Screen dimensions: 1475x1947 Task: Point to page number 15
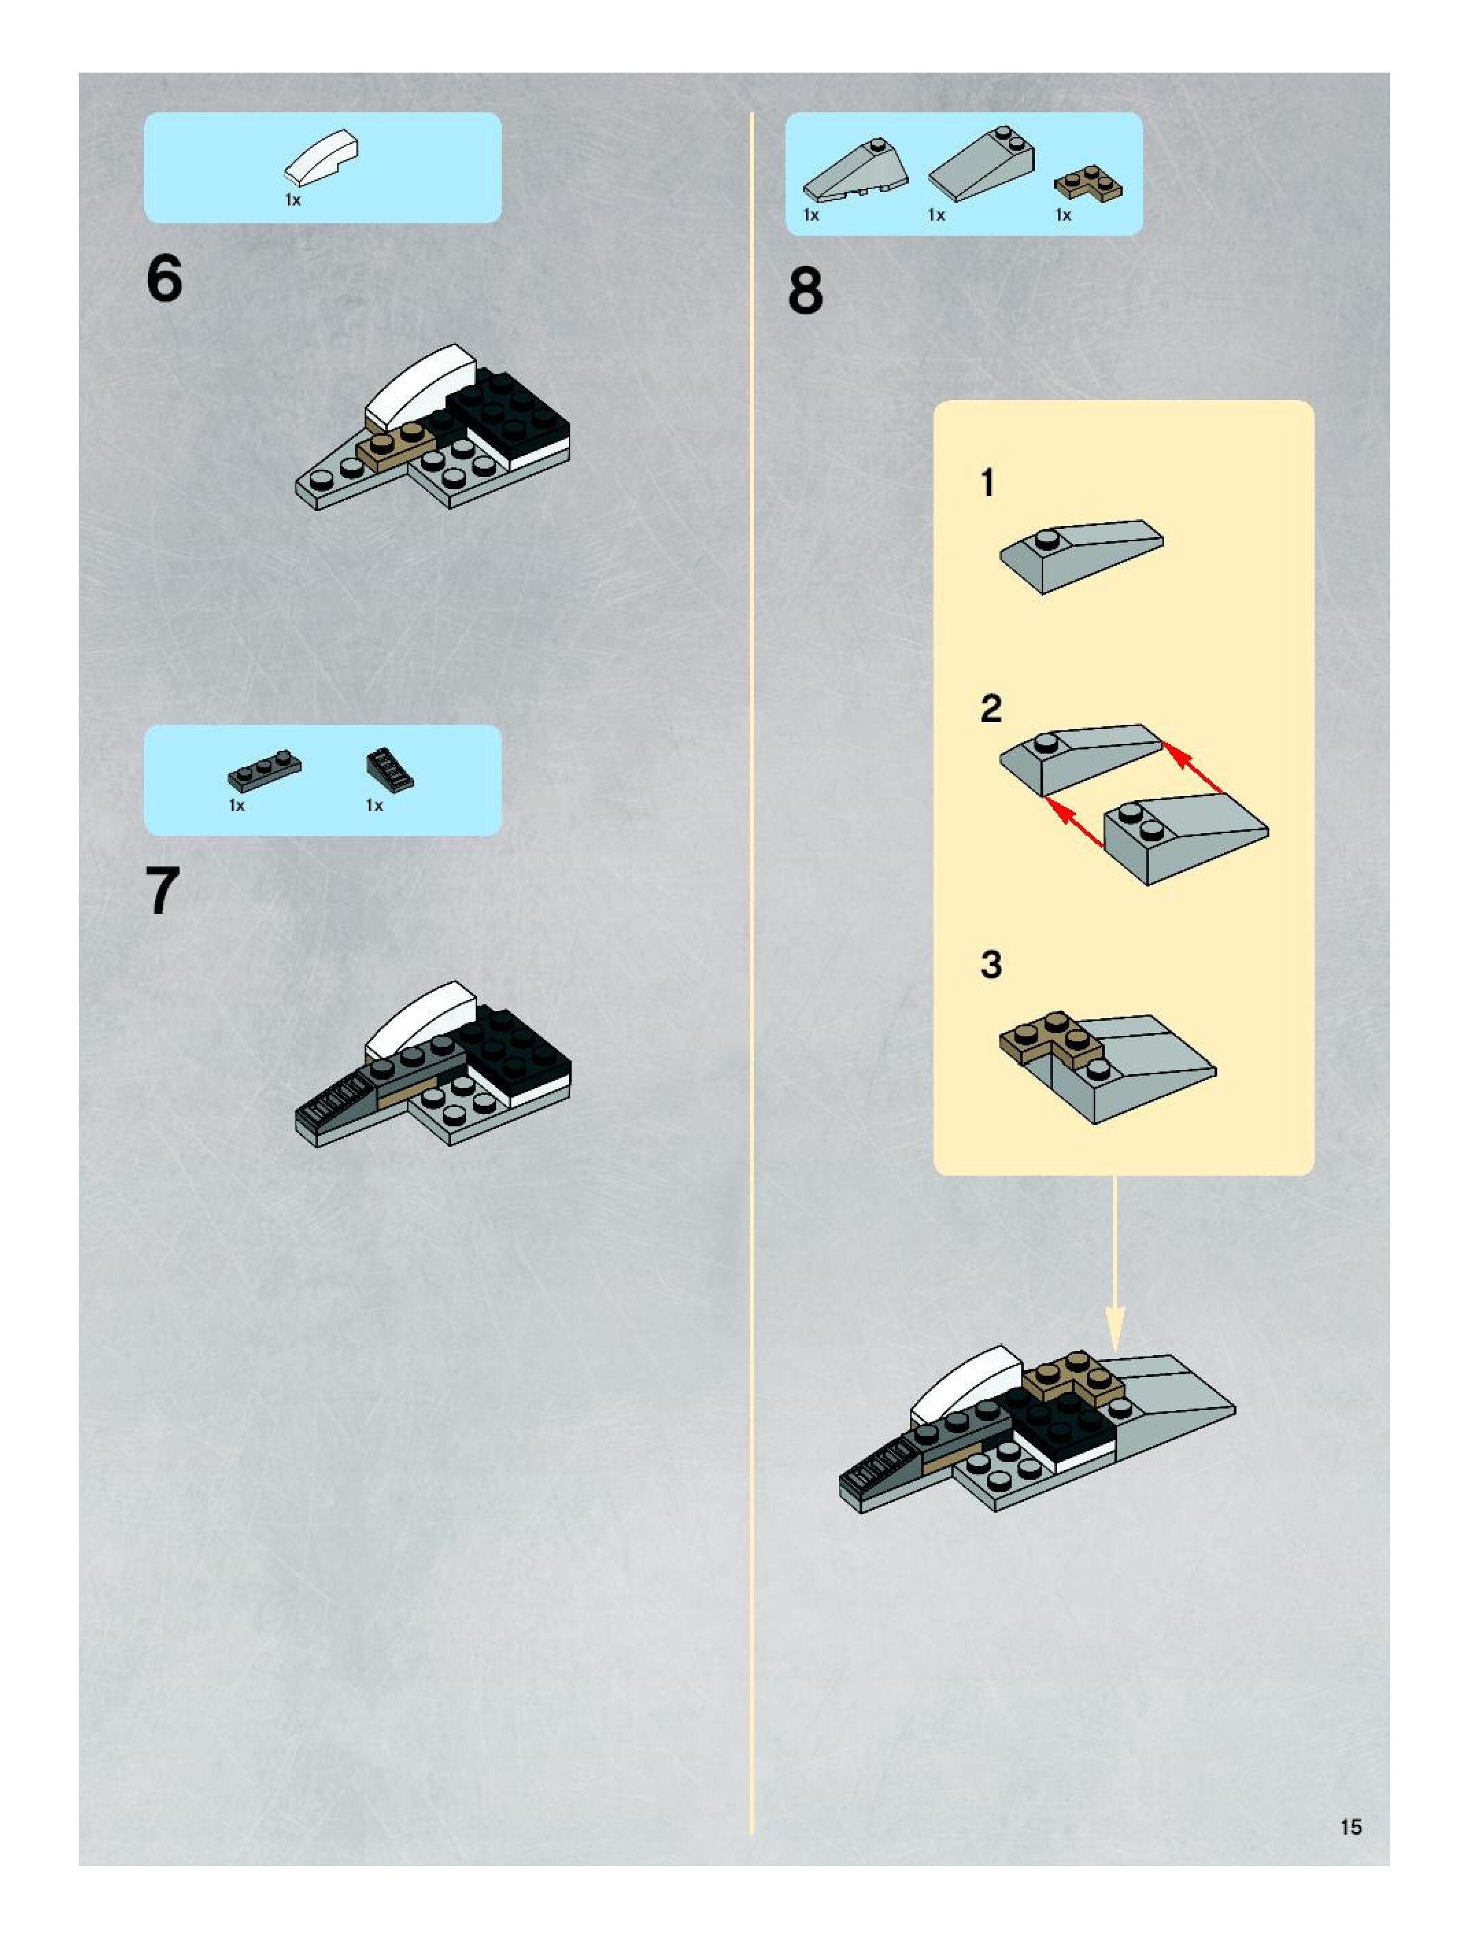pyautogui.click(x=1351, y=1827)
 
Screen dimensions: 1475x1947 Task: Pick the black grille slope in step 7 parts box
pyautogui.click(x=389, y=769)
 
